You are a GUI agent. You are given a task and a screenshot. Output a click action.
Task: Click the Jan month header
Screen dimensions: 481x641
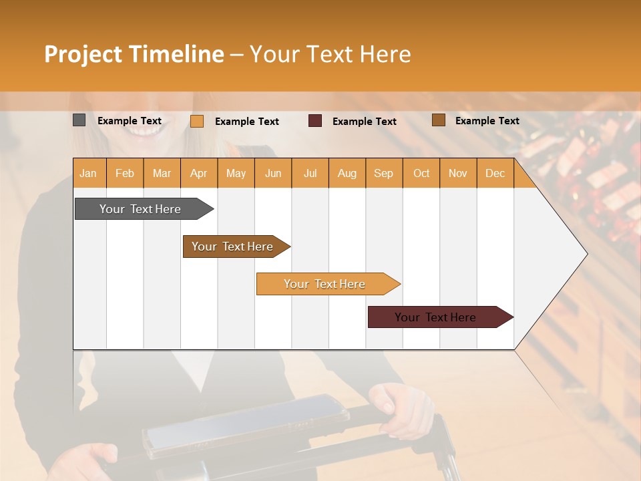[88, 174]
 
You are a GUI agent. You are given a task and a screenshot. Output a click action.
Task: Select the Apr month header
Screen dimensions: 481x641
[198, 174]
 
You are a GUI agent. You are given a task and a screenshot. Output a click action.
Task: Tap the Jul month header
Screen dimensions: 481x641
[310, 174]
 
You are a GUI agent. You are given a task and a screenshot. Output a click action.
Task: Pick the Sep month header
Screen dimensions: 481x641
[383, 174]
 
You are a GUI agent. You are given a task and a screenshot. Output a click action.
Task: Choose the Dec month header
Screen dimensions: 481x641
[495, 174]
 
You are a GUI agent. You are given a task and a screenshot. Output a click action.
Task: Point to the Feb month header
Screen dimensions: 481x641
[125, 174]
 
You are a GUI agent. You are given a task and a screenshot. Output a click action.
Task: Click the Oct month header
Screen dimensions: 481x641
[421, 174]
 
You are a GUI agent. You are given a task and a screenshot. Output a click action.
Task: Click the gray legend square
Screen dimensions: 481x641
[79, 120]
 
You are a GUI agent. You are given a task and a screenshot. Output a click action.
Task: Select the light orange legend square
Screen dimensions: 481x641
[197, 121]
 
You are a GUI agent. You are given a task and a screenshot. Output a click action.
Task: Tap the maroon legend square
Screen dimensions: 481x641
[315, 120]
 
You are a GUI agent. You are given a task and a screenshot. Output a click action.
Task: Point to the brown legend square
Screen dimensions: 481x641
[438, 120]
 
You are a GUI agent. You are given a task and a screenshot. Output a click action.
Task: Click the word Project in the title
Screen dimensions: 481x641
[83, 54]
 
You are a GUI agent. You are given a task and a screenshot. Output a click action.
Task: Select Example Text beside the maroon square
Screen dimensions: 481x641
[364, 121]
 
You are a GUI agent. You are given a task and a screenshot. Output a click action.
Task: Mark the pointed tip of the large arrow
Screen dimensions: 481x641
[586, 254]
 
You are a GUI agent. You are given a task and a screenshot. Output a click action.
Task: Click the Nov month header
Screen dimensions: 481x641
[458, 174]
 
